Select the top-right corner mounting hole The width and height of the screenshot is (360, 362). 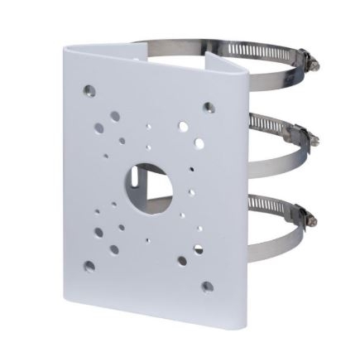click(x=209, y=107)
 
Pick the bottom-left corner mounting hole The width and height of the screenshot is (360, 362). click(x=89, y=266)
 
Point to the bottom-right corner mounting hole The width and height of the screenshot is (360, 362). click(x=207, y=287)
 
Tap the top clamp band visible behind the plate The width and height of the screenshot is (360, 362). click(x=166, y=42)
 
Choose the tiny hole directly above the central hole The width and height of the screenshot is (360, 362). click(x=148, y=149)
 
